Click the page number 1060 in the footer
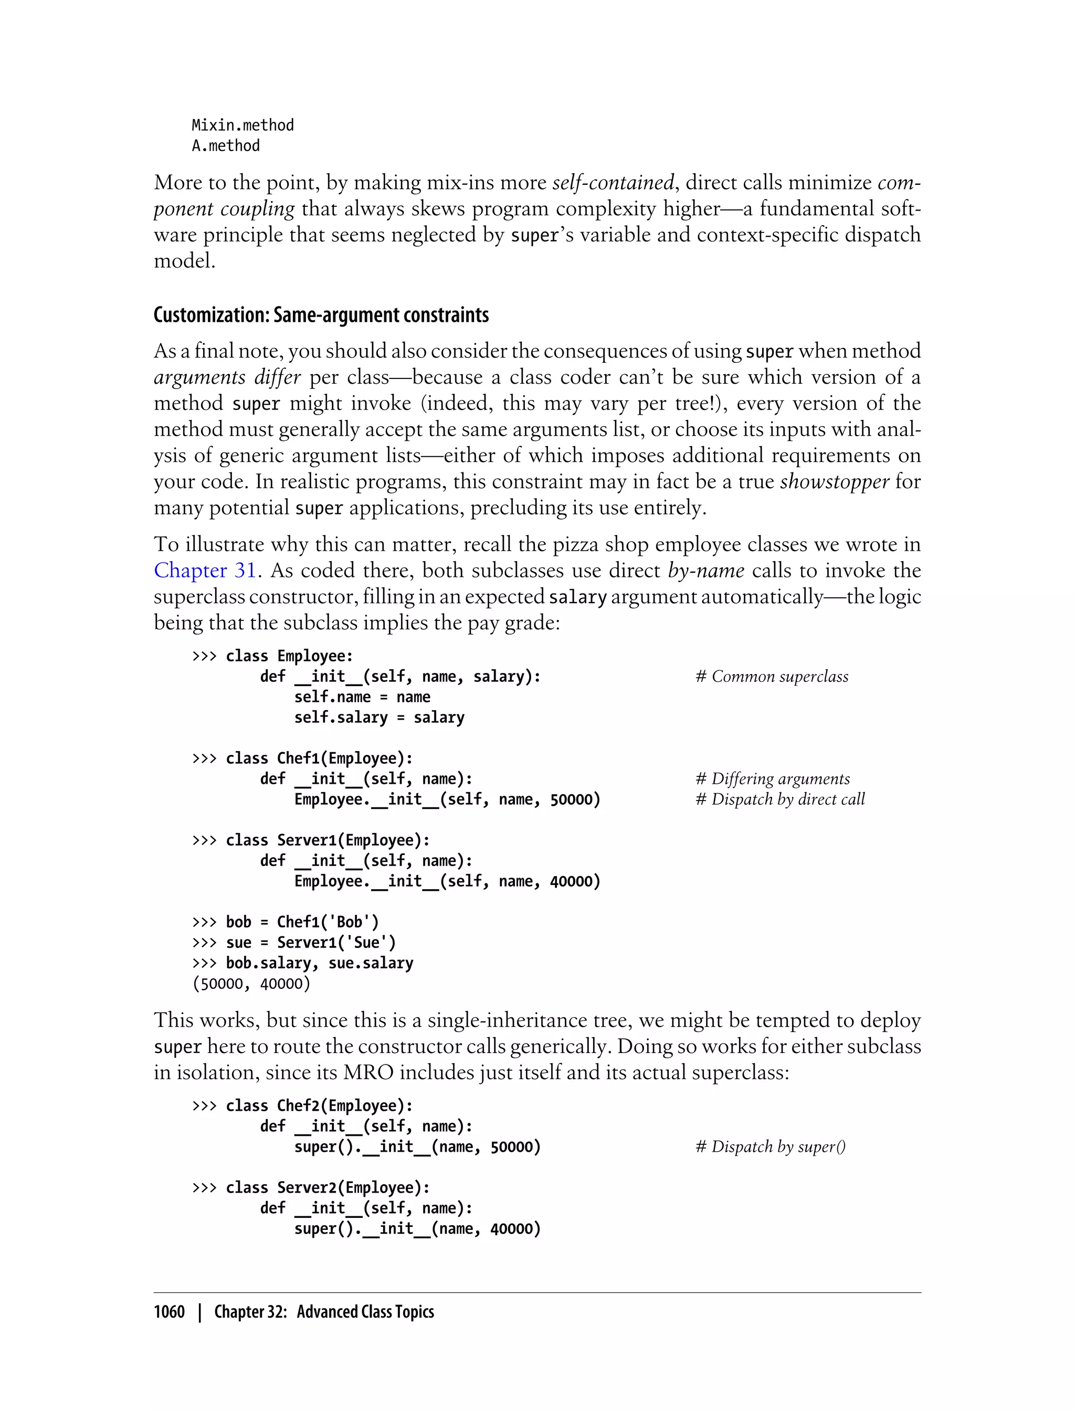[x=169, y=1312]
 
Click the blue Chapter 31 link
[x=205, y=570]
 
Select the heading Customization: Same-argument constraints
[x=321, y=315]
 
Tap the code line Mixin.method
[x=243, y=125]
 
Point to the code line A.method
[x=226, y=146]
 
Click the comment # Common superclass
[x=772, y=677]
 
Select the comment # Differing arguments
[x=772, y=779]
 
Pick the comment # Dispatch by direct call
[x=780, y=799]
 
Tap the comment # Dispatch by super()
[x=771, y=1147]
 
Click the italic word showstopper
[x=835, y=481]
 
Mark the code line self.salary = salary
[x=379, y=718]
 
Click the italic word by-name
[x=706, y=570]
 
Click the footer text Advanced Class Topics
[x=365, y=1312]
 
